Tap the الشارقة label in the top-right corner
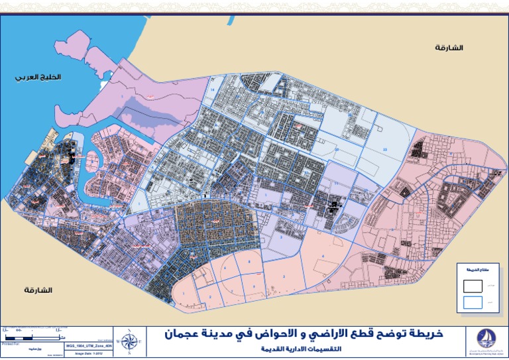(449, 48)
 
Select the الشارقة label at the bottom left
(38, 290)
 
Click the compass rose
(130, 342)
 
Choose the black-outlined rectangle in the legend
(472, 285)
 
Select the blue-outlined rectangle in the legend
(472, 303)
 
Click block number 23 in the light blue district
(385, 150)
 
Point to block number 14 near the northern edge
(213, 89)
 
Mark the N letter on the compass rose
(130, 331)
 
